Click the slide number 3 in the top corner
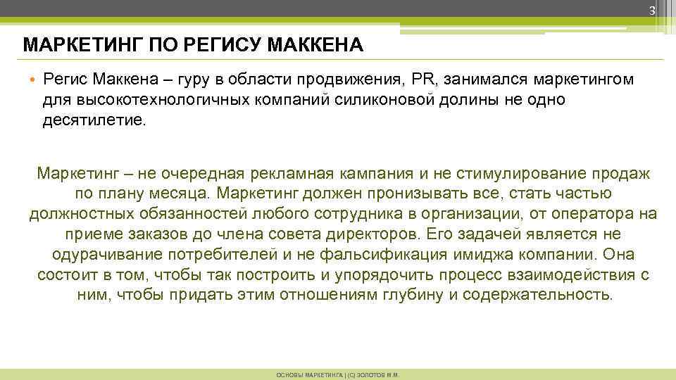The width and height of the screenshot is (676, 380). pyautogui.click(x=652, y=11)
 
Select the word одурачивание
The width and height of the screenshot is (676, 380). pyautogui.click(x=107, y=255)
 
